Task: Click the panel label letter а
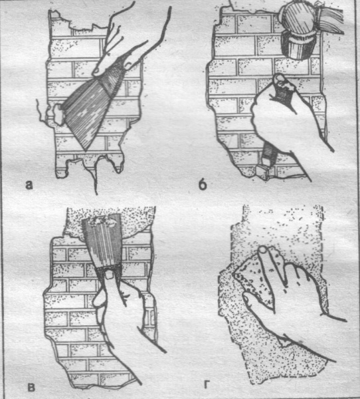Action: pos(29,185)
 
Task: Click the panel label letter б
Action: pos(203,184)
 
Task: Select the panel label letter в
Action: pos(31,388)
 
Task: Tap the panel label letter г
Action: pos(207,385)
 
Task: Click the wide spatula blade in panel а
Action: pos(86,112)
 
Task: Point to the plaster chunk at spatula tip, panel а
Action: pos(58,114)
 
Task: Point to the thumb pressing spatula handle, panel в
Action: pos(110,274)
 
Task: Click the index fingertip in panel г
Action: pos(263,251)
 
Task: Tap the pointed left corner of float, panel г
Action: pos(233,273)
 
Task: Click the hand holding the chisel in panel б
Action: pos(282,120)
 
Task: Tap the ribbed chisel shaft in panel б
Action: pos(269,154)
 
